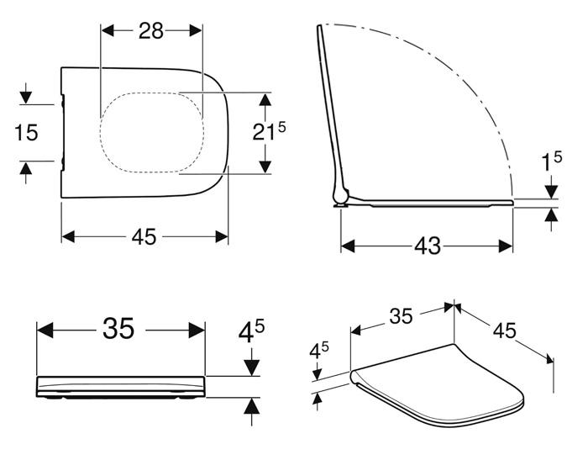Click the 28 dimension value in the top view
click(151, 30)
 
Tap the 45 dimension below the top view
click(144, 237)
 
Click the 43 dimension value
click(427, 246)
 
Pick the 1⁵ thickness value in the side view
click(551, 162)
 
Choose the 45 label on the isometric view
click(504, 331)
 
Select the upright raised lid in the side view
click(328, 109)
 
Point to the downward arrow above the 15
click(26, 95)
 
